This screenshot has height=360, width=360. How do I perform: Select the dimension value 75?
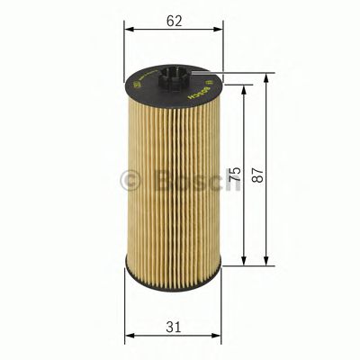coord(237,175)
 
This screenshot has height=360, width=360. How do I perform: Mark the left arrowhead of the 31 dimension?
coord(128,337)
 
